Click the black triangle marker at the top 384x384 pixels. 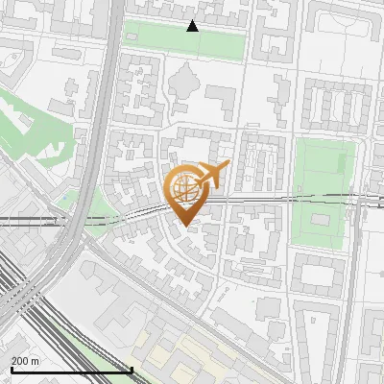tap(193, 26)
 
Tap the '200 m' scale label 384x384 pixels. tap(25, 361)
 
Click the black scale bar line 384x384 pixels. tap(71, 370)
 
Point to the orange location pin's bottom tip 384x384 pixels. tap(185, 226)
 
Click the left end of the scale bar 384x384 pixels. tap(11, 370)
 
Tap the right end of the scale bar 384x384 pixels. tap(132, 370)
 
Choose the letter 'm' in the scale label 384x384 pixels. tap(36, 361)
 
